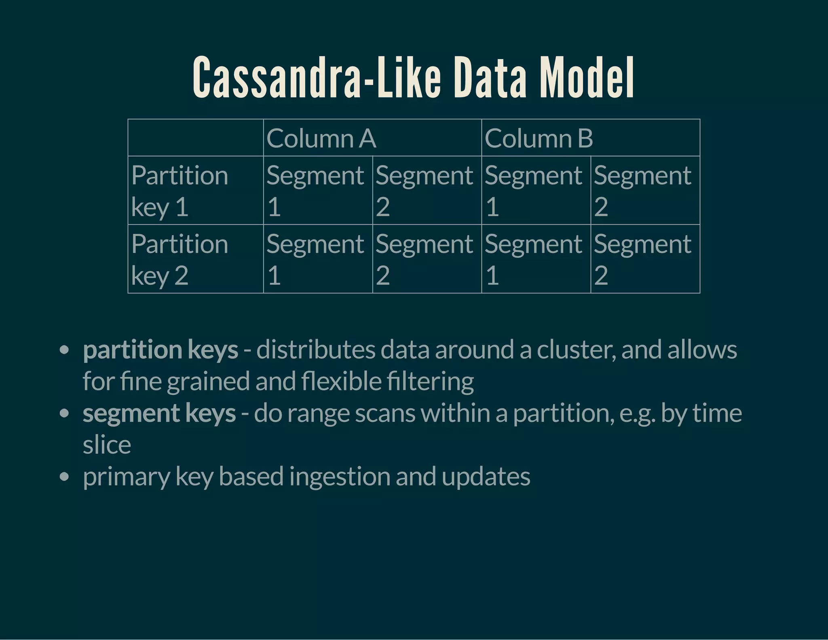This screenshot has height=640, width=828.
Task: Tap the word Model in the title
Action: click(x=587, y=78)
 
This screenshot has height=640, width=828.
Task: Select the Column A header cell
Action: click(x=372, y=138)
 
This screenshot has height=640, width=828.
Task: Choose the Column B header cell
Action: click(x=590, y=138)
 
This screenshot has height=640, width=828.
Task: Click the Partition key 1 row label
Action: click(x=196, y=191)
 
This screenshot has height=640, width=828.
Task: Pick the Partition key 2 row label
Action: click(x=196, y=259)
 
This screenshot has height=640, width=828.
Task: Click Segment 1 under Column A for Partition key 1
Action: click(x=318, y=191)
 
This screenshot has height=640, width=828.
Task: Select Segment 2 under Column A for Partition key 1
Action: click(x=427, y=191)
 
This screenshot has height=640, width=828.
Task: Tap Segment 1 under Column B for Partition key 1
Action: click(x=536, y=191)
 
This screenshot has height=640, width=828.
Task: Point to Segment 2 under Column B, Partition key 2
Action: click(x=645, y=259)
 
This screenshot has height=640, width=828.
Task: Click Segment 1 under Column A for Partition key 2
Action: click(x=318, y=259)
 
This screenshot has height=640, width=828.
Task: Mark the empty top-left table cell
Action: click(x=196, y=138)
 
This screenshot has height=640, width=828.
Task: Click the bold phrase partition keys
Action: click(x=161, y=350)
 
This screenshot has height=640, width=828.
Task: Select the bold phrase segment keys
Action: click(x=159, y=413)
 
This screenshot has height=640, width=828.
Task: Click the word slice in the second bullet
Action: click(x=107, y=445)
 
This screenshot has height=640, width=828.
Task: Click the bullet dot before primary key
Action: click(x=64, y=477)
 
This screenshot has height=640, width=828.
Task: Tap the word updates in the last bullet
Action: click(x=486, y=477)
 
